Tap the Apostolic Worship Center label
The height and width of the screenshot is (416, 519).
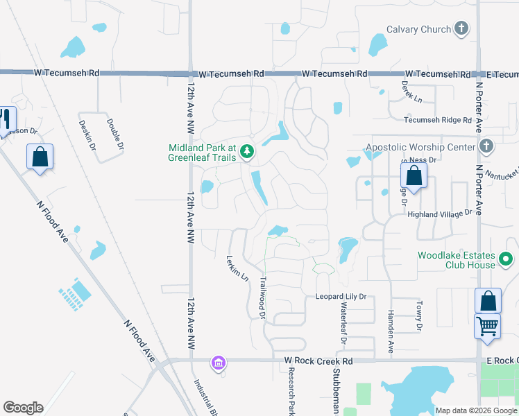click(x=420, y=147)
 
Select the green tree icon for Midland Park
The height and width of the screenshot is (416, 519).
click(x=246, y=150)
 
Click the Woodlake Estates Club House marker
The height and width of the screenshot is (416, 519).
click(x=507, y=260)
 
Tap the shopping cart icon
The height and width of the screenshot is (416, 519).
click(x=488, y=325)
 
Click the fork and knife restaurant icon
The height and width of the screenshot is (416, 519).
click(x=6, y=119)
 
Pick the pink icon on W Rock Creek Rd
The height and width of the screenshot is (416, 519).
click(x=219, y=363)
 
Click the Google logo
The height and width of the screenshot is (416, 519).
click(x=23, y=408)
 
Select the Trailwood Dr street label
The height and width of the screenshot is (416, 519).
click(x=263, y=298)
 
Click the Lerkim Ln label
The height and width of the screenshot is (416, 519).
click(x=237, y=268)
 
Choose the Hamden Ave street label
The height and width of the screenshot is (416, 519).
click(x=391, y=333)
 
